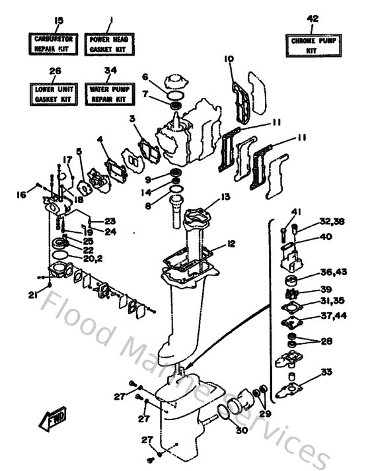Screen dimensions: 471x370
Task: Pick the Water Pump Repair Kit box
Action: [x=111, y=93]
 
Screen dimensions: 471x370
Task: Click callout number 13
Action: [x=225, y=196]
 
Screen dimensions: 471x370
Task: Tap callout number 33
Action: [x=326, y=372]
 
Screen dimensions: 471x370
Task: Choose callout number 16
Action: [x=22, y=194]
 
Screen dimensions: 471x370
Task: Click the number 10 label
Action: [x=229, y=60]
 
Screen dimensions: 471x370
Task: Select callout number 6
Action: [x=145, y=77]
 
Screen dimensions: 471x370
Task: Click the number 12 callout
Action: [x=231, y=244]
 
